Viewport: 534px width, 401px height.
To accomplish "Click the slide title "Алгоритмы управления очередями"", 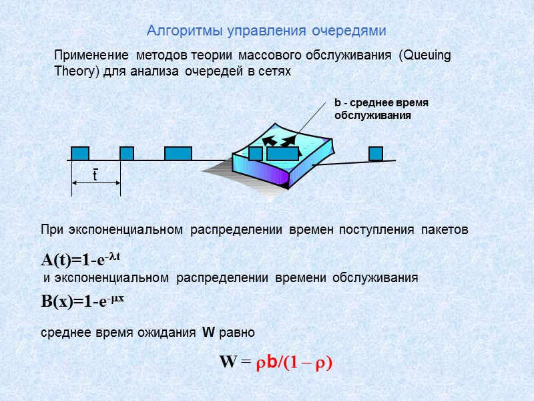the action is (266, 31).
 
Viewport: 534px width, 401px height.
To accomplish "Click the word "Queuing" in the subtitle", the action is (425, 56).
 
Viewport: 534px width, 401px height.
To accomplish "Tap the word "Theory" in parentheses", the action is (75, 72).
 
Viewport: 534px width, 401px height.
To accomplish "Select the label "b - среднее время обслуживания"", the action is (380, 109).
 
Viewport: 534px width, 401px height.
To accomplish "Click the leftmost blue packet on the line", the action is (80, 153).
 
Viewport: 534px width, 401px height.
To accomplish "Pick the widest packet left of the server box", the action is (178, 153).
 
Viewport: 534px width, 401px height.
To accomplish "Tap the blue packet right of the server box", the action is (376, 153).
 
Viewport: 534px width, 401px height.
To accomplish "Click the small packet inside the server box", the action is (255, 153).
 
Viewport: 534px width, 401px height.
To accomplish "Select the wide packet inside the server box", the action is (282, 153).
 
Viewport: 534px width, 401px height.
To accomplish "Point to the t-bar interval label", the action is (95, 175).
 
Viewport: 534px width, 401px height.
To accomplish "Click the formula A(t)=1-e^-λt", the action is (81, 259).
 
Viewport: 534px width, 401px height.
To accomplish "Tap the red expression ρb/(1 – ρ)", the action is (295, 362).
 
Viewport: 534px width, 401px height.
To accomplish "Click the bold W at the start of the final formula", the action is (228, 362).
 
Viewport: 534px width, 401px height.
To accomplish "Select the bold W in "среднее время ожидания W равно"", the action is (208, 332).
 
